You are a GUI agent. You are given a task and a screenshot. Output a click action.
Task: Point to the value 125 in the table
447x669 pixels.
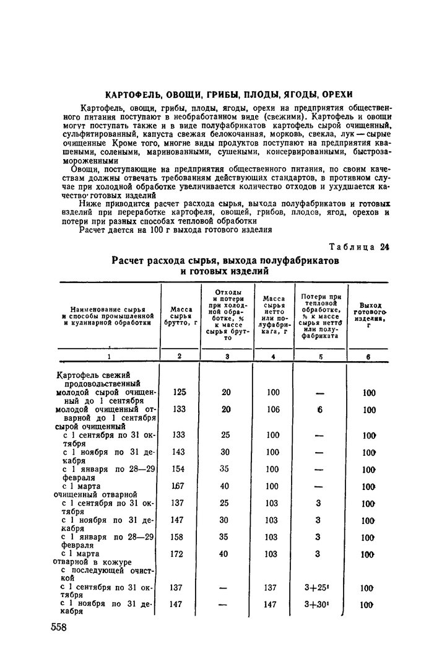tap(180, 393)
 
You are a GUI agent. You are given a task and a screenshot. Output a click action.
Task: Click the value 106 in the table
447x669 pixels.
tap(271, 409)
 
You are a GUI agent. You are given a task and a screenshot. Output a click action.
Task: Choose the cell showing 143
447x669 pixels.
tap(180, 452)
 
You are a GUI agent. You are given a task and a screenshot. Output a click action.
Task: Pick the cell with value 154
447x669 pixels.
tap(180, 469)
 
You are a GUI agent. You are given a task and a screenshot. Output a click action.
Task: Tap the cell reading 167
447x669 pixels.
tap(180, 486)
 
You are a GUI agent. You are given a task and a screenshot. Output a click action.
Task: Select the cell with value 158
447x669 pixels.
tap(180, 537)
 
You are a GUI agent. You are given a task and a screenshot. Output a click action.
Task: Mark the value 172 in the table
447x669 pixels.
tap(180, 554)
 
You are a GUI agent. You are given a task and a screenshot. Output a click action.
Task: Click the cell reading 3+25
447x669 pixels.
tap(320, 588)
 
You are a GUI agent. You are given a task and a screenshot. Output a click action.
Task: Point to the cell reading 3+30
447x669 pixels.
tap(320, 605)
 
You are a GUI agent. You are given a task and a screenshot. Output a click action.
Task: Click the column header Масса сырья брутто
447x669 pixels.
tap(180, 315)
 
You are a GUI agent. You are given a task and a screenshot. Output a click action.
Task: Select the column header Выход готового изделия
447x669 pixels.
tap(369, 315)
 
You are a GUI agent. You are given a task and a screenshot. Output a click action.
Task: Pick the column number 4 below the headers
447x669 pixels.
tap(272, 357)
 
